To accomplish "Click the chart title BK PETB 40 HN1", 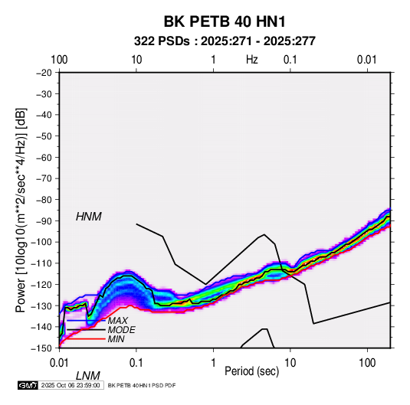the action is [225, 21].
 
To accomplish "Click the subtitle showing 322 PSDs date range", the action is [225, 41].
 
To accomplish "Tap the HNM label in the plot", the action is [89, 217].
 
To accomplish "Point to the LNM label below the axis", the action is [88, 376].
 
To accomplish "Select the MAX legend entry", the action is [117, 320].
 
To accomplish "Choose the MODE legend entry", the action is [121, 330].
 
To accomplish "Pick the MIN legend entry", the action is [116, 339].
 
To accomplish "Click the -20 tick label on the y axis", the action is [44, 73].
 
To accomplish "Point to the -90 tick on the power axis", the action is [44, 220].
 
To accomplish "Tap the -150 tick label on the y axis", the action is [41, 348].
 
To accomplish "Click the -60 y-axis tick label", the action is [44, 157].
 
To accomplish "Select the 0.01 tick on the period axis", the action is [59, 363].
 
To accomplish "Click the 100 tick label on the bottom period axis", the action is [367, 363].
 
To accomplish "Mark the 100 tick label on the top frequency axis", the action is [59, 60].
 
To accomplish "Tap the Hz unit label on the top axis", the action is [252, 60].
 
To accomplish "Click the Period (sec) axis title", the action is [252, 371].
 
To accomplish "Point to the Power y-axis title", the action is [21, 210].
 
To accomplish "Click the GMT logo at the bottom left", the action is [28, 385].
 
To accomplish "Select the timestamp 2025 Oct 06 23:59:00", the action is [71, 385].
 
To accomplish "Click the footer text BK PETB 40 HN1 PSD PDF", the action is [142, 385].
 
